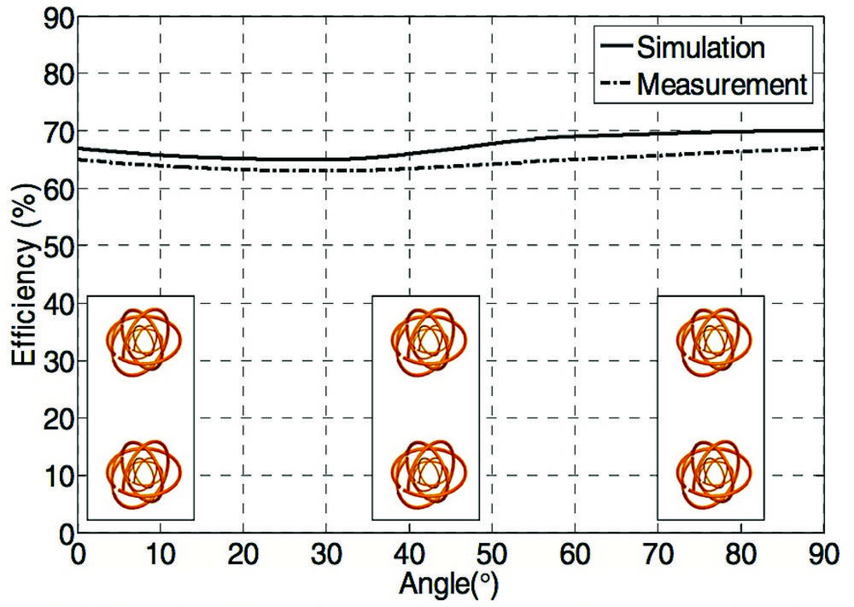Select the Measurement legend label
722,85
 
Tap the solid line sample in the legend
616,46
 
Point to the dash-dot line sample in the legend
616,84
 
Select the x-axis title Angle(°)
448,585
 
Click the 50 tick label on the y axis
58,246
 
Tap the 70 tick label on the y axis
58,131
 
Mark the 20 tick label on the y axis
58,418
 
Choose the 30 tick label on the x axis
326,555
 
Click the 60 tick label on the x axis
575,555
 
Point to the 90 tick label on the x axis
823,555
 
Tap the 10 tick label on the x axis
161,555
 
